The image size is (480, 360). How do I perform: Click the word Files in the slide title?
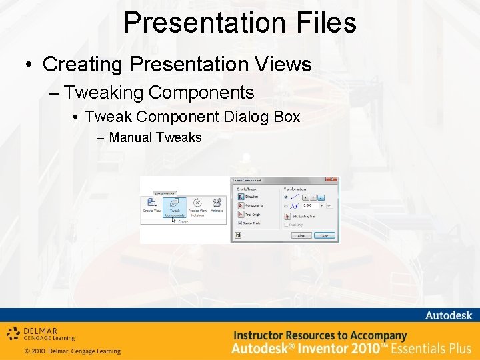point(323,22)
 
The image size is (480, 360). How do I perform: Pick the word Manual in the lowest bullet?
point(131,138)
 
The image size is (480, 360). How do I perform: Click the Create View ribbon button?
point(151,206)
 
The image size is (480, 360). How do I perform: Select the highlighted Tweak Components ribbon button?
point(175,207)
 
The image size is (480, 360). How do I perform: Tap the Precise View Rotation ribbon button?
point(197,207)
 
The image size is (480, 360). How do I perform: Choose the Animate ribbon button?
point(217,206)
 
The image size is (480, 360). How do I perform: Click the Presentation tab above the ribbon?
point(164,194)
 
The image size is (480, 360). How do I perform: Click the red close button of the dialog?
point(332,180)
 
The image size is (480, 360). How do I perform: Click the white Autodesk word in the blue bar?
point(447,315)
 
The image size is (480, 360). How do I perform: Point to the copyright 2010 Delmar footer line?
point(72,351)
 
